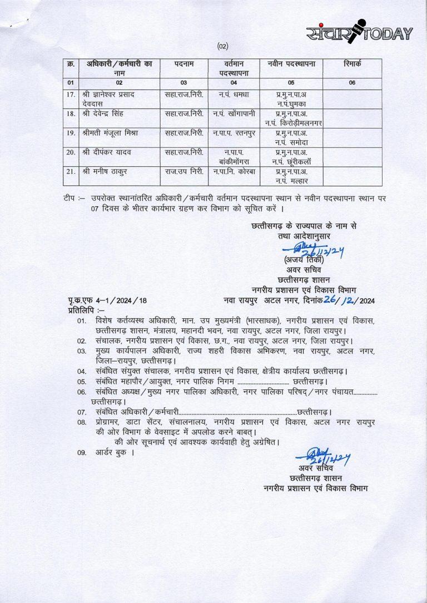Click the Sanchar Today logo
[359, 33]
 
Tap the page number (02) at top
[222, 46]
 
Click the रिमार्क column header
[352, 65]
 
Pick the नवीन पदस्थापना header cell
[291, 65]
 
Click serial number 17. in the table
[71, 95]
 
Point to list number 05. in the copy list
[82, 382]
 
